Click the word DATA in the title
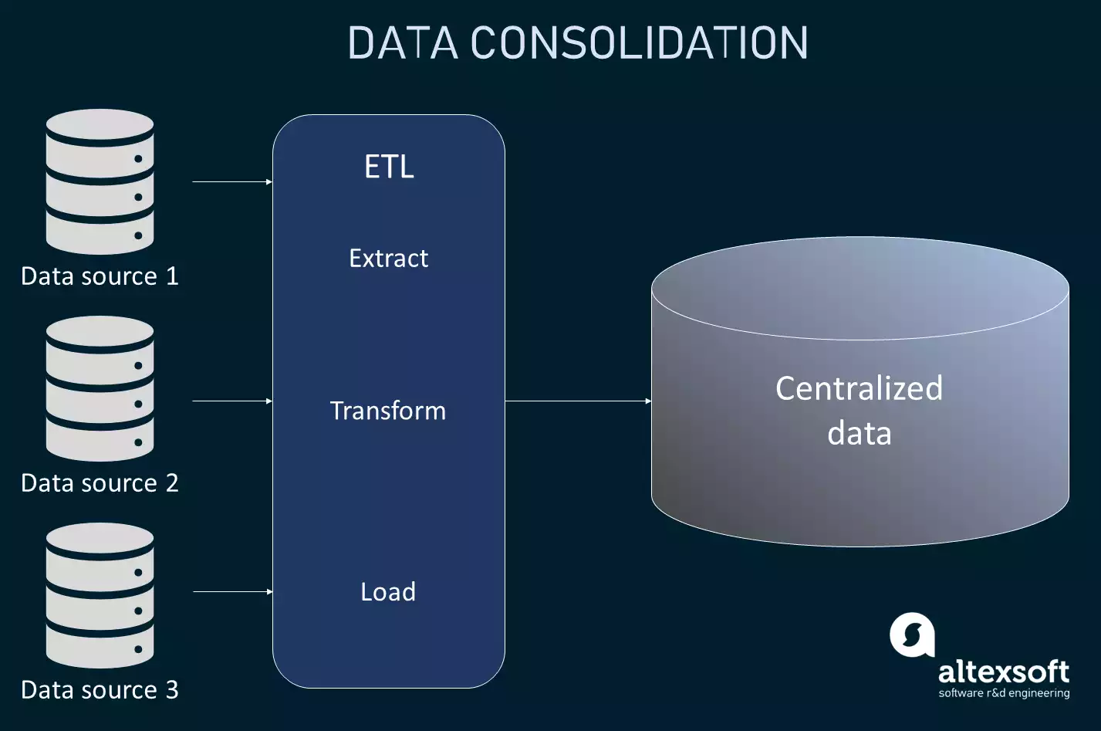coord(403,43)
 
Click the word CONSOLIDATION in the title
coord(639,43)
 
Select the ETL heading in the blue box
coord(389,167)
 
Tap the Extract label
coord(388,258)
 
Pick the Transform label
coord(388,411)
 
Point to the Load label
coord(388,592)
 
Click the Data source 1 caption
coord(100,276)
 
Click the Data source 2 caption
coord(100,483)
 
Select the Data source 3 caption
coord(100,690)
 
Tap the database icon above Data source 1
coord(100,181)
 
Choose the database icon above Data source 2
coord(100,388)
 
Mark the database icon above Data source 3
coord(100,595)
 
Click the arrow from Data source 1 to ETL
coord(231,182)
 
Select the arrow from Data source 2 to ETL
coord(231,401)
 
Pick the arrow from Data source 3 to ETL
coord(231,592)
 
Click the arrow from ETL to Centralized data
coord(578,401)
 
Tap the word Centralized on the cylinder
coord(859,388)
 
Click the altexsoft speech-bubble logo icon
coord(912,635)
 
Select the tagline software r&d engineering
coord(1004,693)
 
